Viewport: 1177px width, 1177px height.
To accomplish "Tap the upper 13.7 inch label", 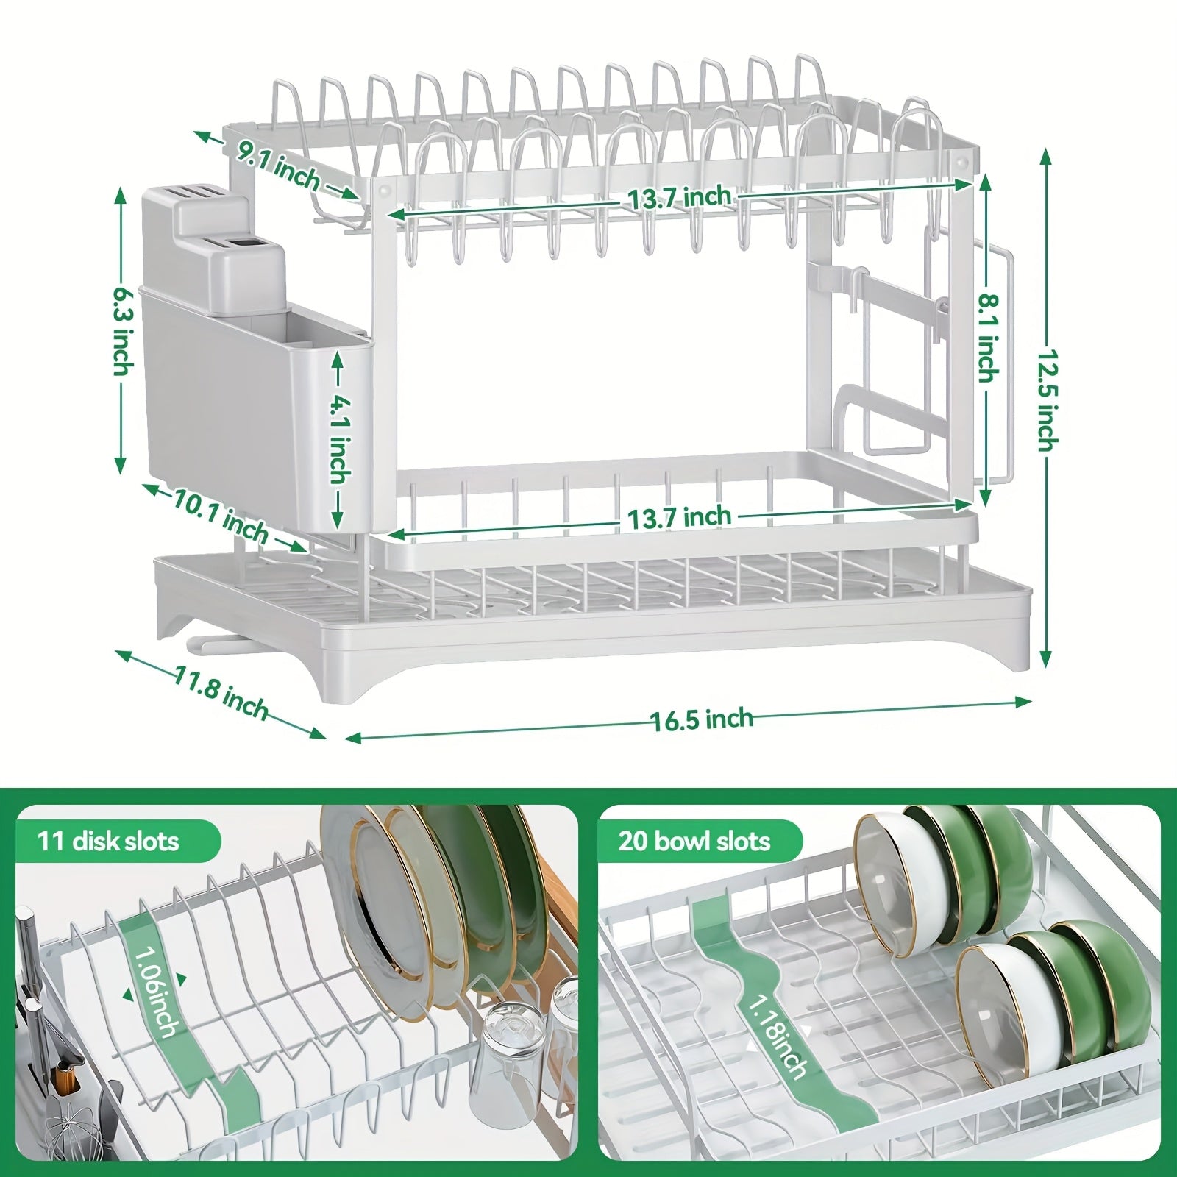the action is pos(679,198).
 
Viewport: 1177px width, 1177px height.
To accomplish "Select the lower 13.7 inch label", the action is pos(679,516).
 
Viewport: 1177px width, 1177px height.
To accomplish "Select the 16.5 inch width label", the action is pos(703,718).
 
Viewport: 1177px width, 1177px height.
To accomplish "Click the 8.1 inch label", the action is pos(987,337).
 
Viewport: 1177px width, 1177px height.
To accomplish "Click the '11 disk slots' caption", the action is pos(107,841).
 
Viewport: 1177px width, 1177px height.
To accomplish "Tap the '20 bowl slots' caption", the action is pos(694,841).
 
